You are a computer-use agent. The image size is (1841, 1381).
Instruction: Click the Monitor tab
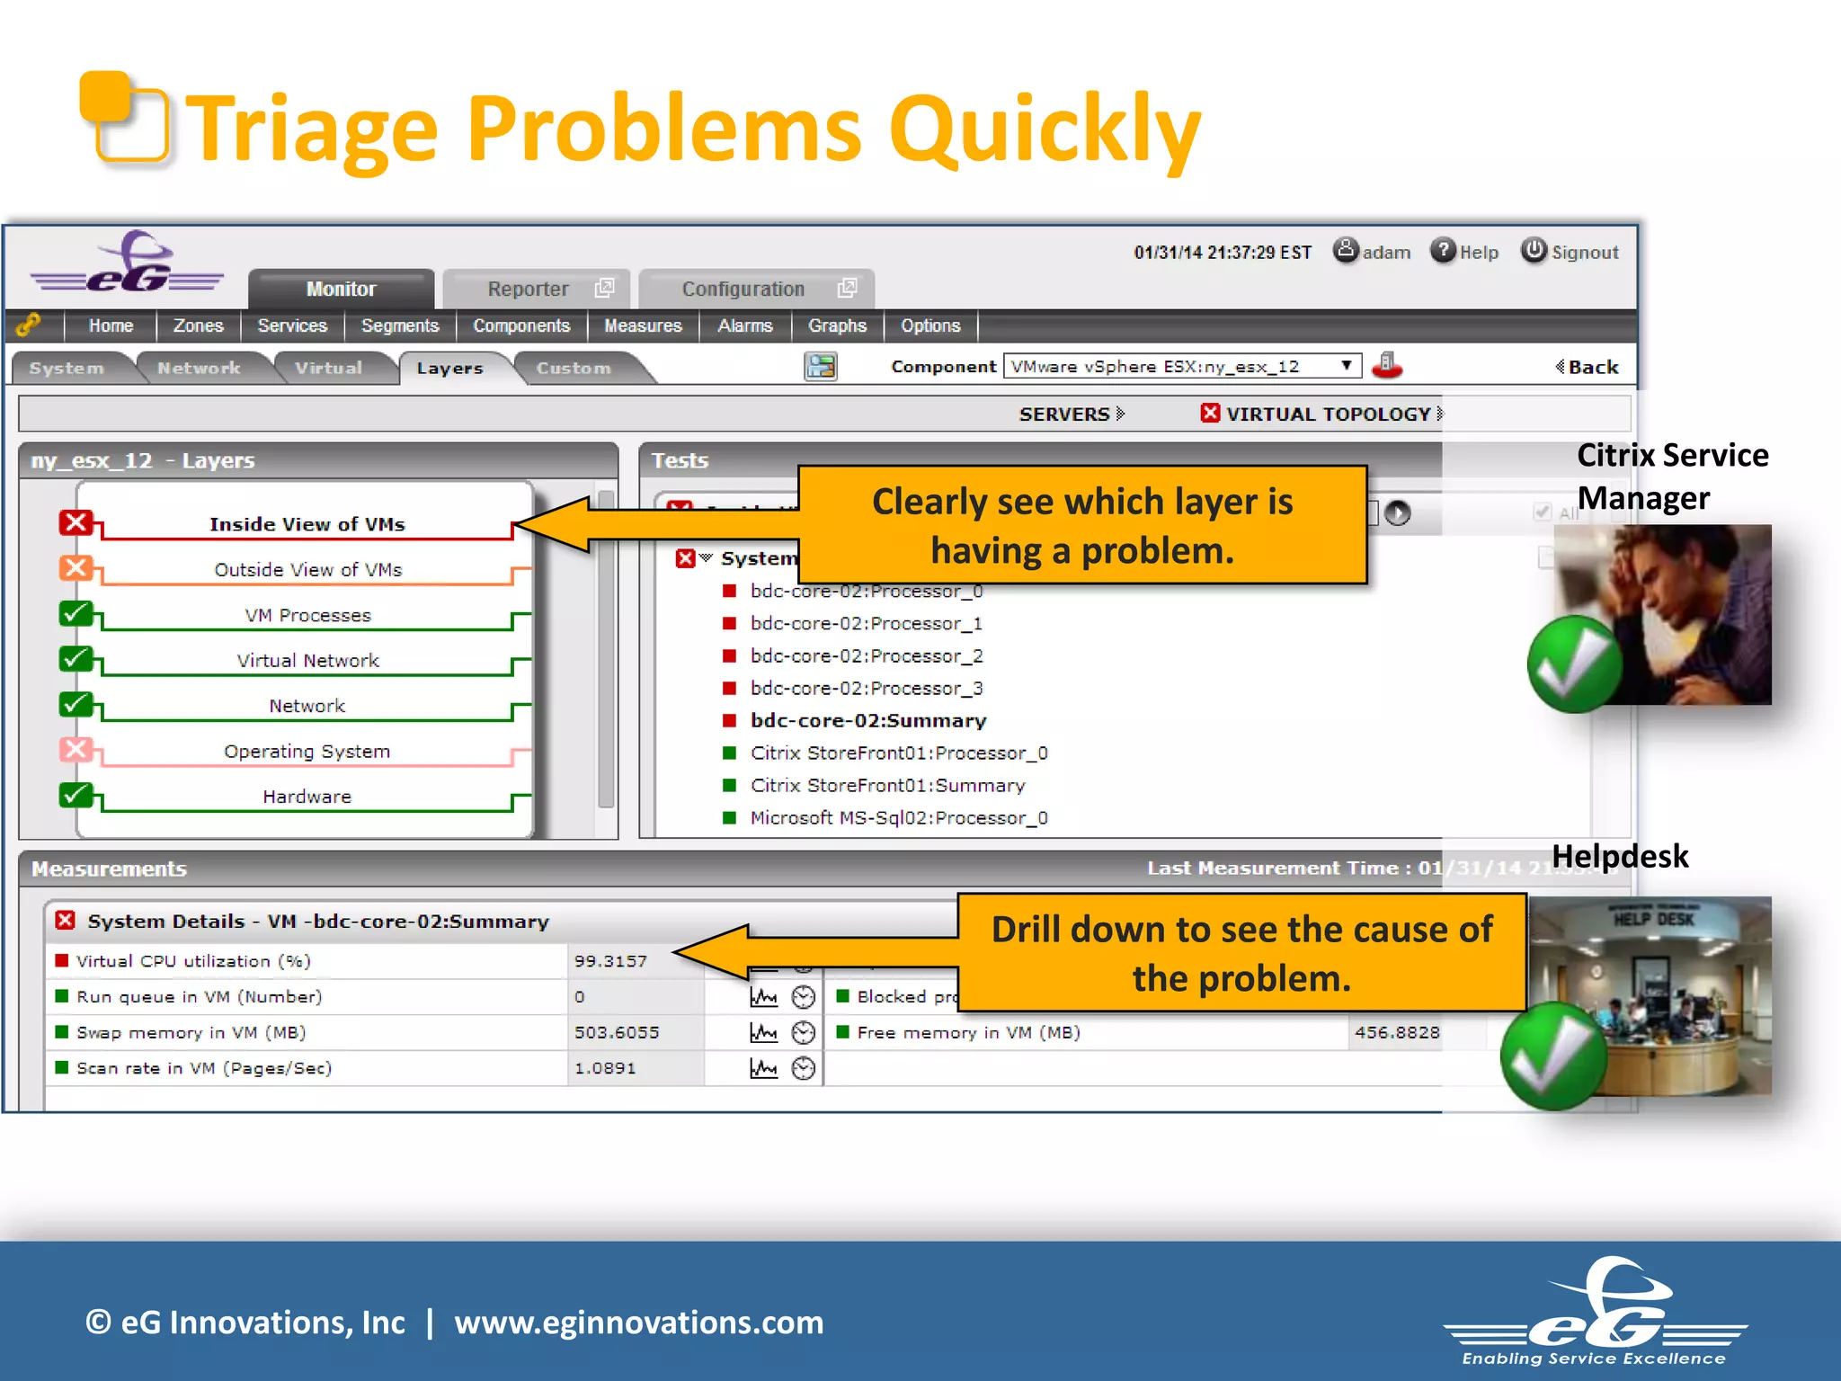click(x=341, y=289)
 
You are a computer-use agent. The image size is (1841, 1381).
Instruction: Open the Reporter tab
click(x=528, y=289)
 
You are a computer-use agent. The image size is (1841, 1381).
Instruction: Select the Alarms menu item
click(x=744, y=325)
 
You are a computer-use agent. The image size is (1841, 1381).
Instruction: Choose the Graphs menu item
click(x=837, y=325)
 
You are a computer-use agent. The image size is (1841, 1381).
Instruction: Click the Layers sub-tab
click(x=449, y=368)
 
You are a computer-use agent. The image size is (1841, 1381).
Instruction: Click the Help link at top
click(x=1478, y=253)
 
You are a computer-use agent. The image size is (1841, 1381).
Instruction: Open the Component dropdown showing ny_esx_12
click(x=1180, y=366)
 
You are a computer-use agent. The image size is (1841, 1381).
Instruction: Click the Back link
click(x=1592, y=367)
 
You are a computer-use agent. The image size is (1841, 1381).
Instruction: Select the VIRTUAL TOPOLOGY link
click(x=1328, y=414)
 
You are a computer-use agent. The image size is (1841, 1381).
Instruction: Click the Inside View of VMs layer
click(x=307, y=524)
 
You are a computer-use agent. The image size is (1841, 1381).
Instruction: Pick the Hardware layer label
click(x=307, y=797)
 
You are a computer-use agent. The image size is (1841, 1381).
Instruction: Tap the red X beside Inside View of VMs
click(x=76, y=522)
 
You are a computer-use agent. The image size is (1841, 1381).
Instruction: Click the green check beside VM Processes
click(x=76, y=613)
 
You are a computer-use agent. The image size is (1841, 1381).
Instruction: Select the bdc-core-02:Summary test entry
click(x=868, y=720)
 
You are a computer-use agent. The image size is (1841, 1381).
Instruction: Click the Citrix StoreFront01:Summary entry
click(x=887, y=785)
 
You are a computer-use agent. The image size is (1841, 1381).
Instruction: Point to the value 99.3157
click(x=610, y=961)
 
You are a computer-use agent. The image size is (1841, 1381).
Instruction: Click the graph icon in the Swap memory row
click(x=763, y=1032)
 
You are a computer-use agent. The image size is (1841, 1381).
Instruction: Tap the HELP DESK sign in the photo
click(x=1653, y=919)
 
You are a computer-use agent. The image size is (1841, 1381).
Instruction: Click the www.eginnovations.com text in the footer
click(x=638, y=1323)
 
